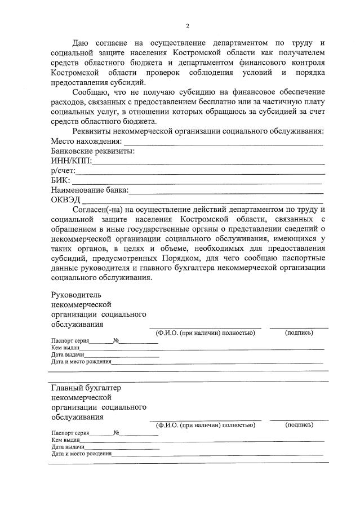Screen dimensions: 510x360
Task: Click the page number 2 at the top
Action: tap(187, 26)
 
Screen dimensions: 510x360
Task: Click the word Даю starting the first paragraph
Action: tap(81, 43)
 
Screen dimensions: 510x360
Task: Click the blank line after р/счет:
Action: tap(200, 171)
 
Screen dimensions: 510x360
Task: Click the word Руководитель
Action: tap(75, 294)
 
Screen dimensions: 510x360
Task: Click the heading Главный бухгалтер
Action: tap(86, 388)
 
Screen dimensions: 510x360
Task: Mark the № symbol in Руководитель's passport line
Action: tap(115, 341)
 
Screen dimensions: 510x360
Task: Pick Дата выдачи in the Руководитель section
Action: tap(68, 354)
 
